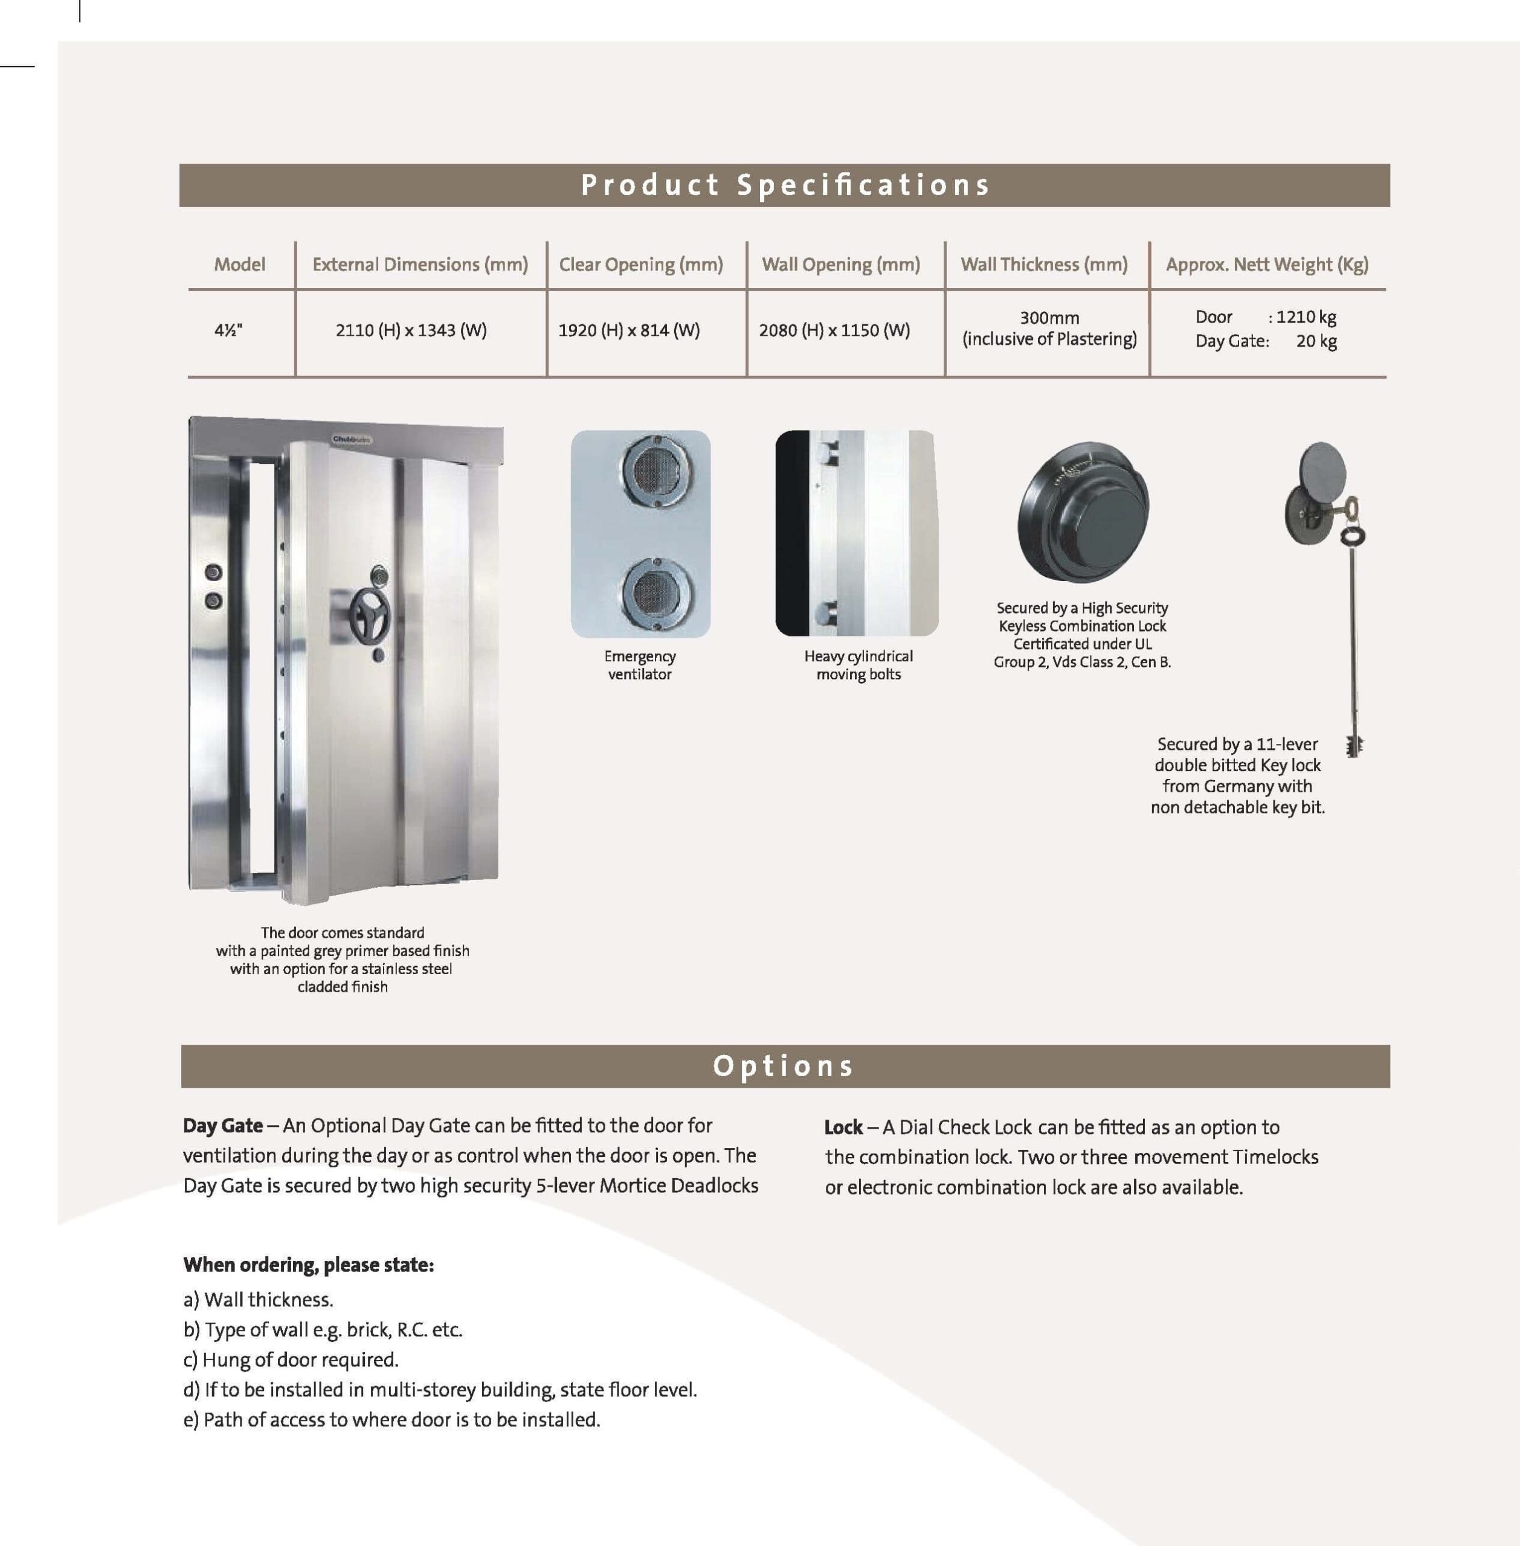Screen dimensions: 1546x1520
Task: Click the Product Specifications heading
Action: pos(784,185)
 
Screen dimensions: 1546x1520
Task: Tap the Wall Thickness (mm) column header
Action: pos(1043,264)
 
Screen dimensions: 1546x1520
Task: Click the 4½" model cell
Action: pos(228,330)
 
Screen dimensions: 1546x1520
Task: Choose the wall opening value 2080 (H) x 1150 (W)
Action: pos(834,330)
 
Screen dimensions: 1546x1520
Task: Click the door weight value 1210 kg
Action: pos(1306,317)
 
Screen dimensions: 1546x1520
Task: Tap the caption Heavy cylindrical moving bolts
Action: pos(858,665)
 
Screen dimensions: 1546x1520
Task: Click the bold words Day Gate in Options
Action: pos(223,1126)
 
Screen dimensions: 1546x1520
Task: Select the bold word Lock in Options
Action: pos(843,1127)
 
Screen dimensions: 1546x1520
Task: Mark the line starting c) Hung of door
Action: pos(291,1359)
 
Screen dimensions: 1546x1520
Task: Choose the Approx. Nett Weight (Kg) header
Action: pos(1267,264)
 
